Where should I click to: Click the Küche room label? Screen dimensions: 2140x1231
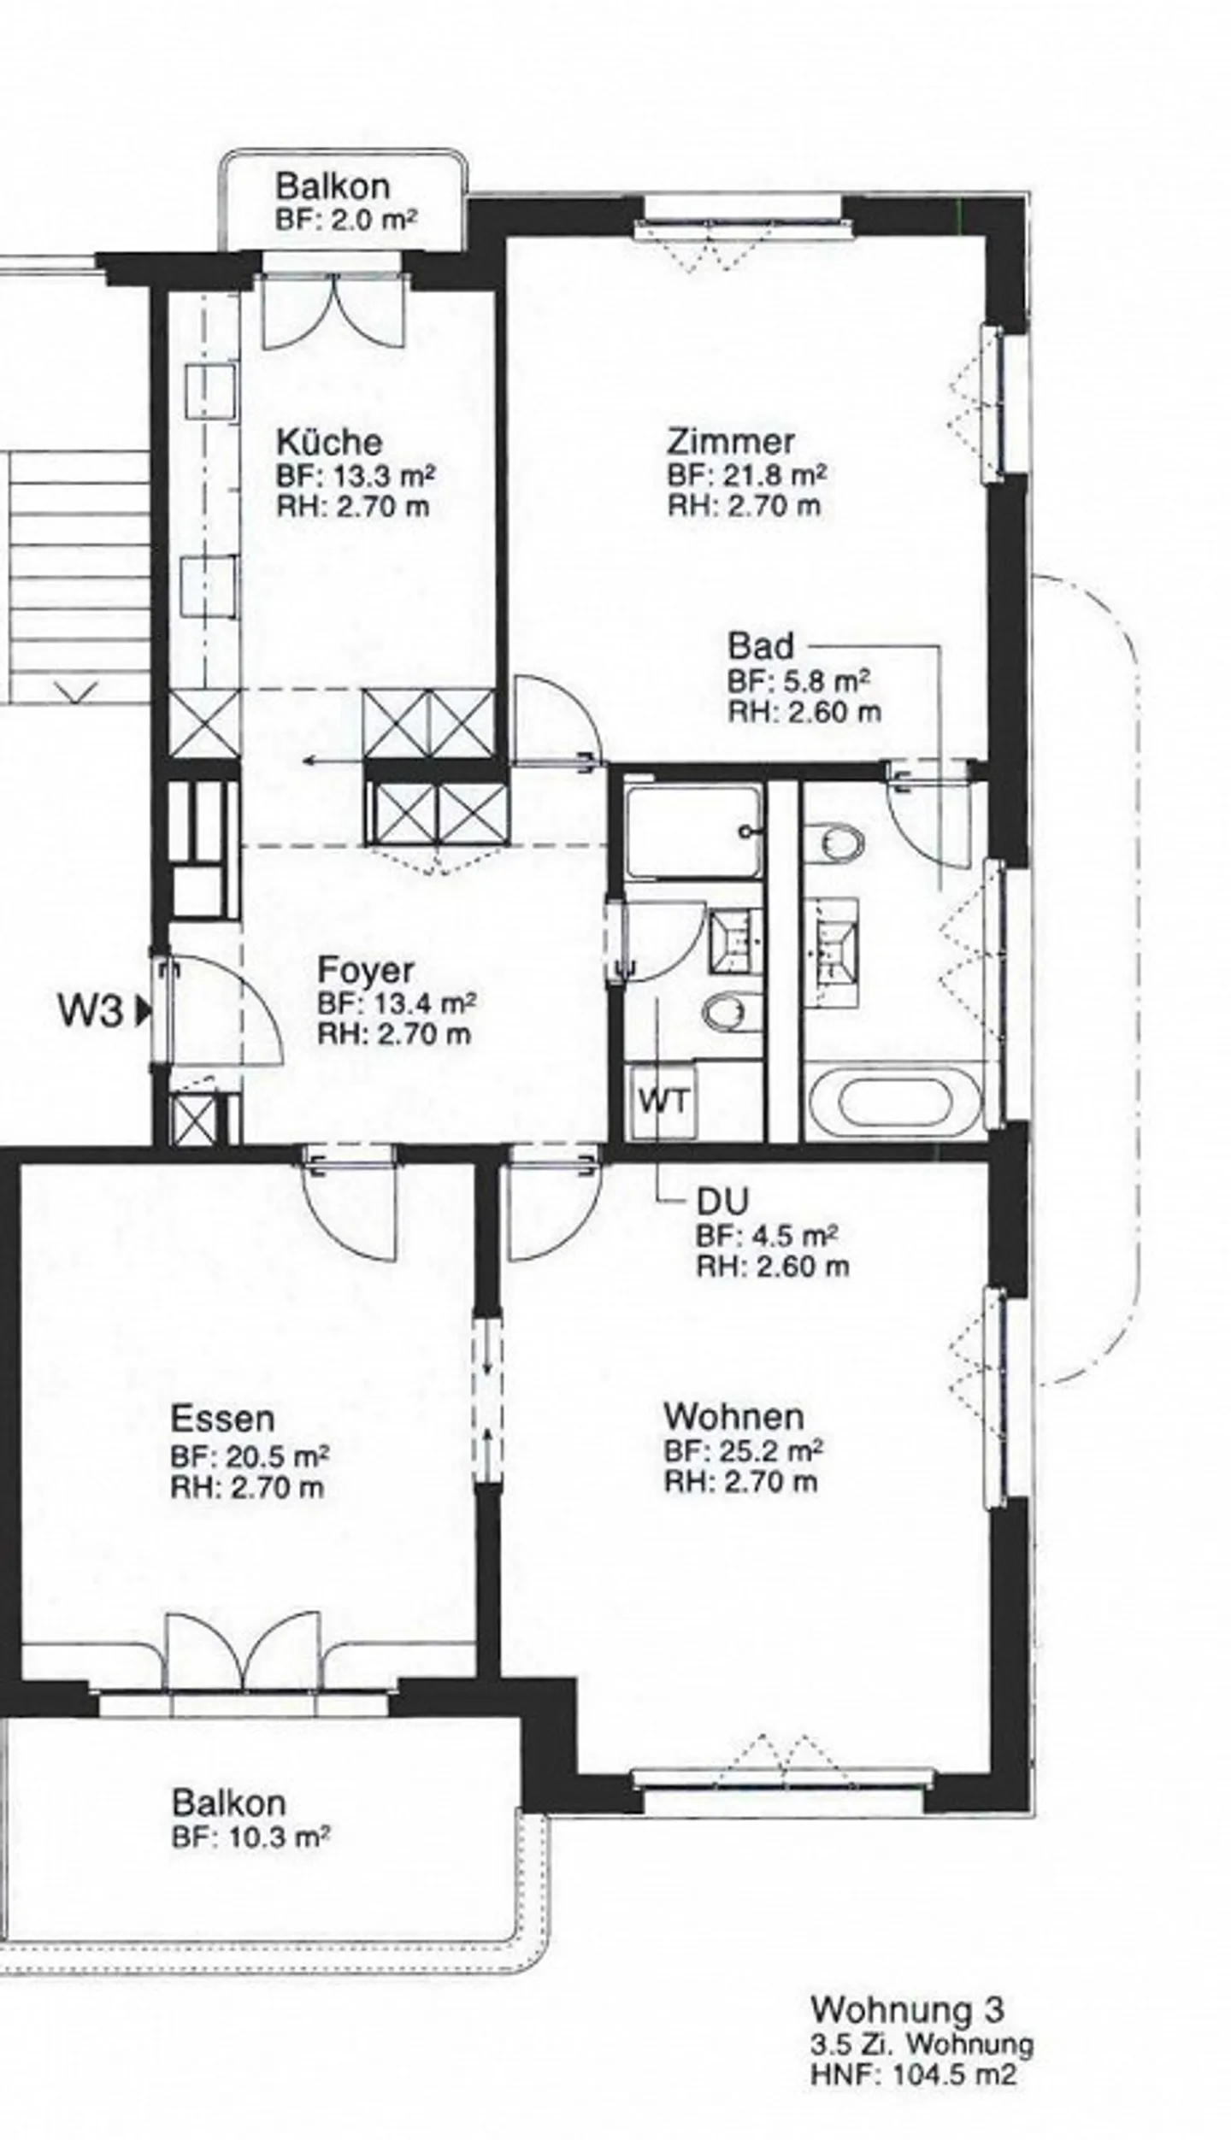328,442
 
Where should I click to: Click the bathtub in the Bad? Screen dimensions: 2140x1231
894,1102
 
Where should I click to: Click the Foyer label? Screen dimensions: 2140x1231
365,970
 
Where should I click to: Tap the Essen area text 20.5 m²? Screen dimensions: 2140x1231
250,1455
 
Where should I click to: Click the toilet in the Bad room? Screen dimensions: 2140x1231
834,844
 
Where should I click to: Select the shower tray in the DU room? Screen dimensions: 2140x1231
692,832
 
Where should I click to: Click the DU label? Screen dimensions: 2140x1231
722,1202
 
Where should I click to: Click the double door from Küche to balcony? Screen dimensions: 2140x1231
332,309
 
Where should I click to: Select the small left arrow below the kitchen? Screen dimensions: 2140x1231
321,760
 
